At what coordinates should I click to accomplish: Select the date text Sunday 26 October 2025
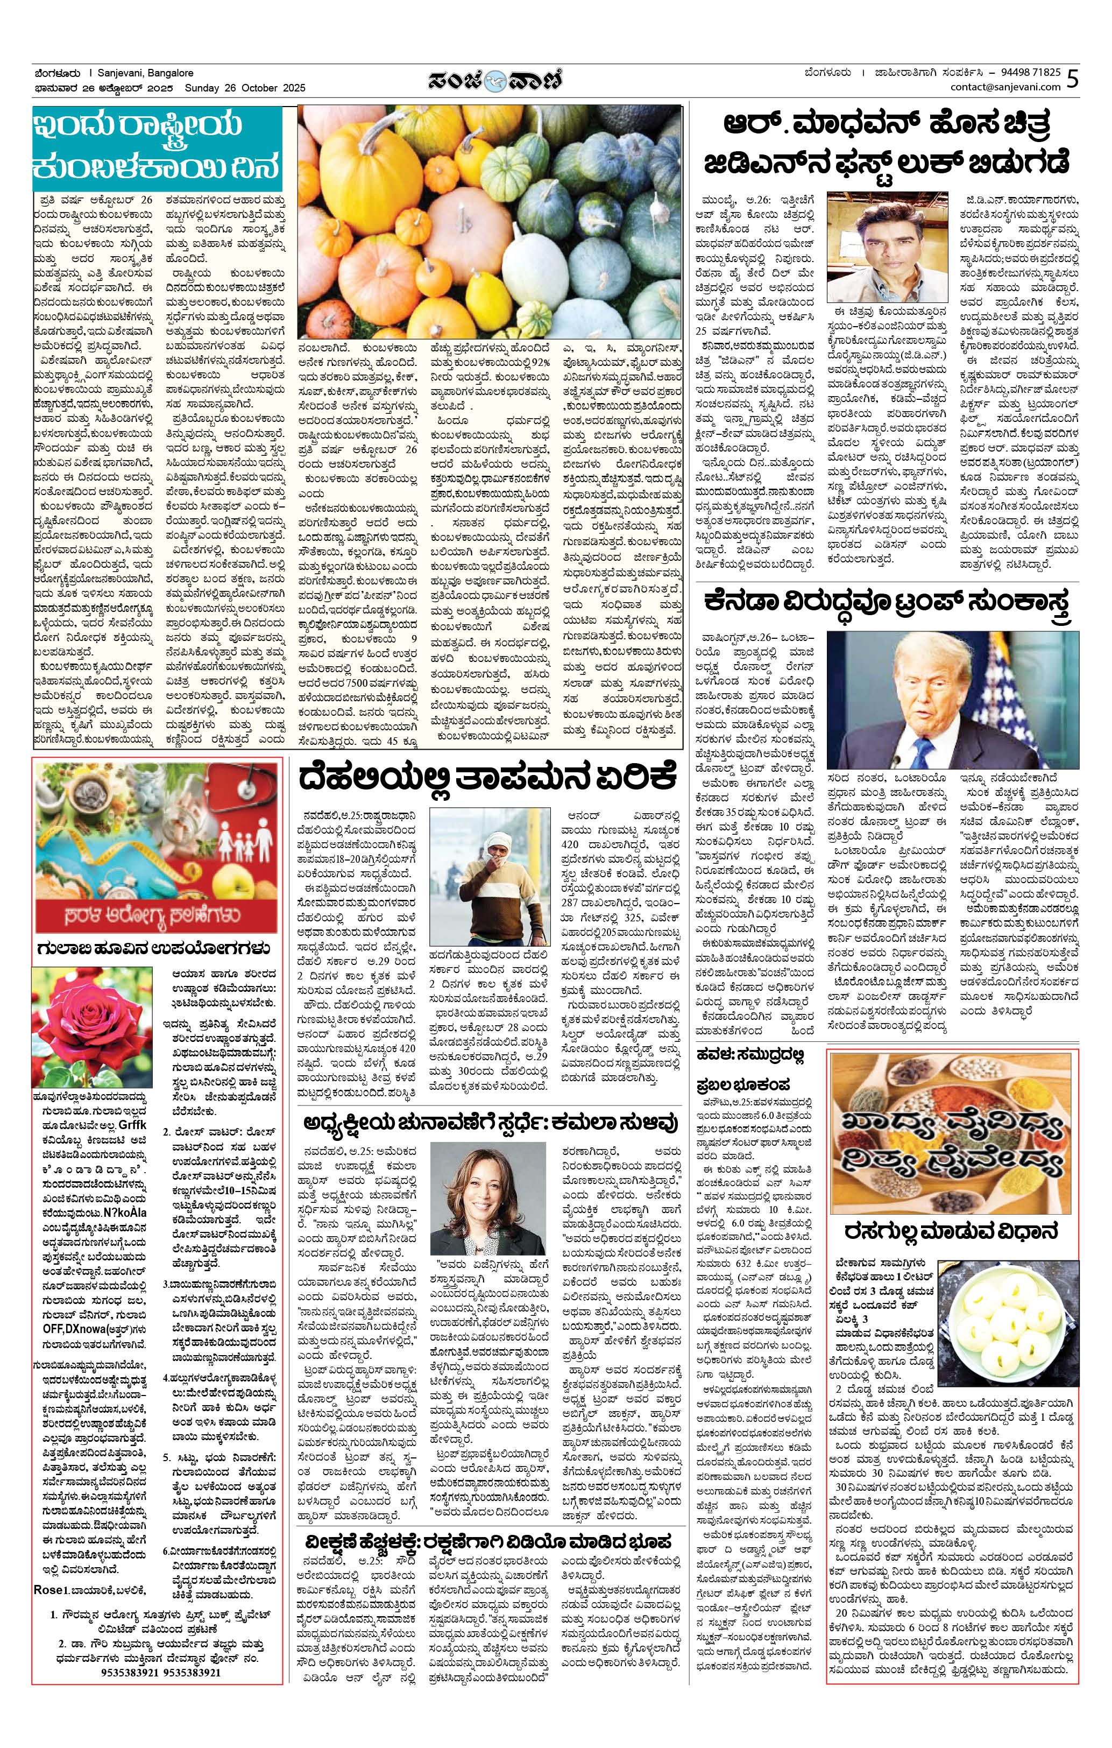tap(245, 88)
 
